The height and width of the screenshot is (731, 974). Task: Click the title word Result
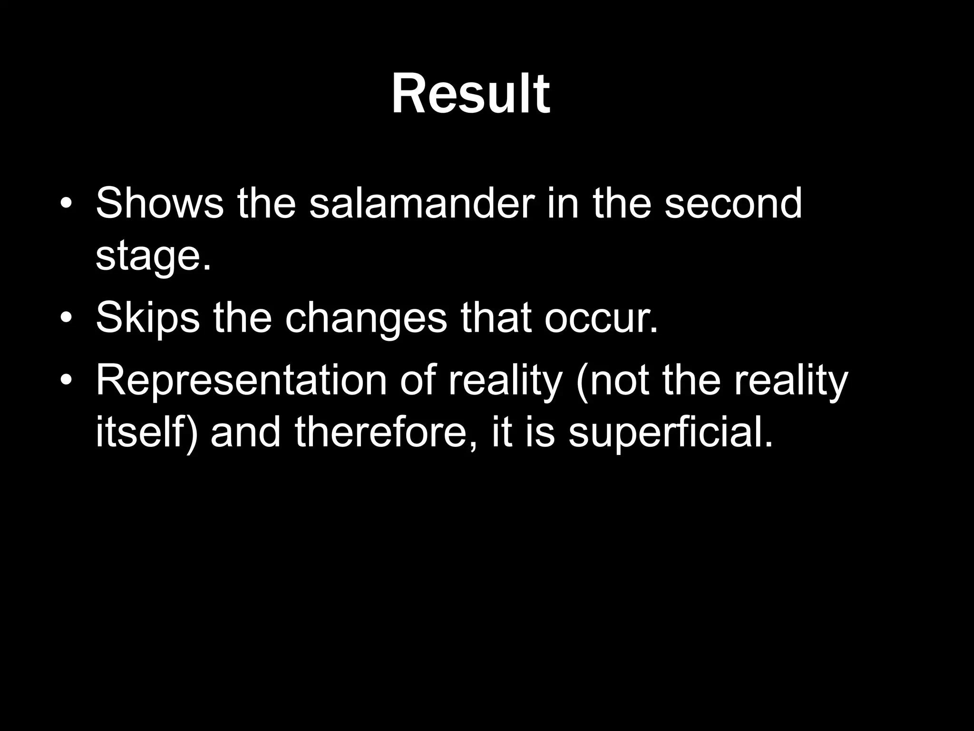pos(470,94)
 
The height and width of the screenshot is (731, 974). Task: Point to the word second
pos(733,203)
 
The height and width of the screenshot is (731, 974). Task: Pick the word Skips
pos(148,318)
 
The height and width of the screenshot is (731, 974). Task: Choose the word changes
pos(366,318)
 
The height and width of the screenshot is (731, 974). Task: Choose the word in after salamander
pos(563,203)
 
